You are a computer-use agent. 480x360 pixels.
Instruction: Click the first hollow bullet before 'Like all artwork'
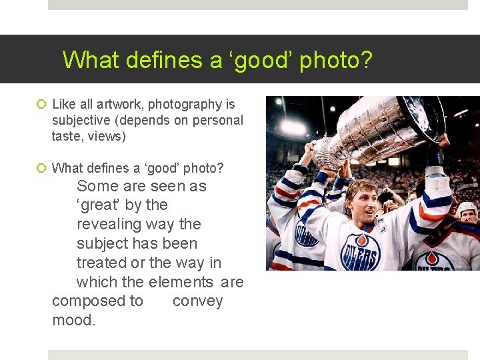coord(41,105)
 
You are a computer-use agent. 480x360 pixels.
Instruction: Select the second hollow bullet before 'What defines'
coord(41,168)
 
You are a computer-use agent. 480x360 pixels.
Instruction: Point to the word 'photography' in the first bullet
coord(185,105)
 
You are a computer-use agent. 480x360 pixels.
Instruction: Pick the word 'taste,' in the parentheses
coord(69,136)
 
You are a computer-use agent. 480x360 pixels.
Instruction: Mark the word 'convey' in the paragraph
coord(197,301)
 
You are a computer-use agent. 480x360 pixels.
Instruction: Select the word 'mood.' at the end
coord(74,321)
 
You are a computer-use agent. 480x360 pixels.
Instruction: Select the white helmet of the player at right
coord(469,208)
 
